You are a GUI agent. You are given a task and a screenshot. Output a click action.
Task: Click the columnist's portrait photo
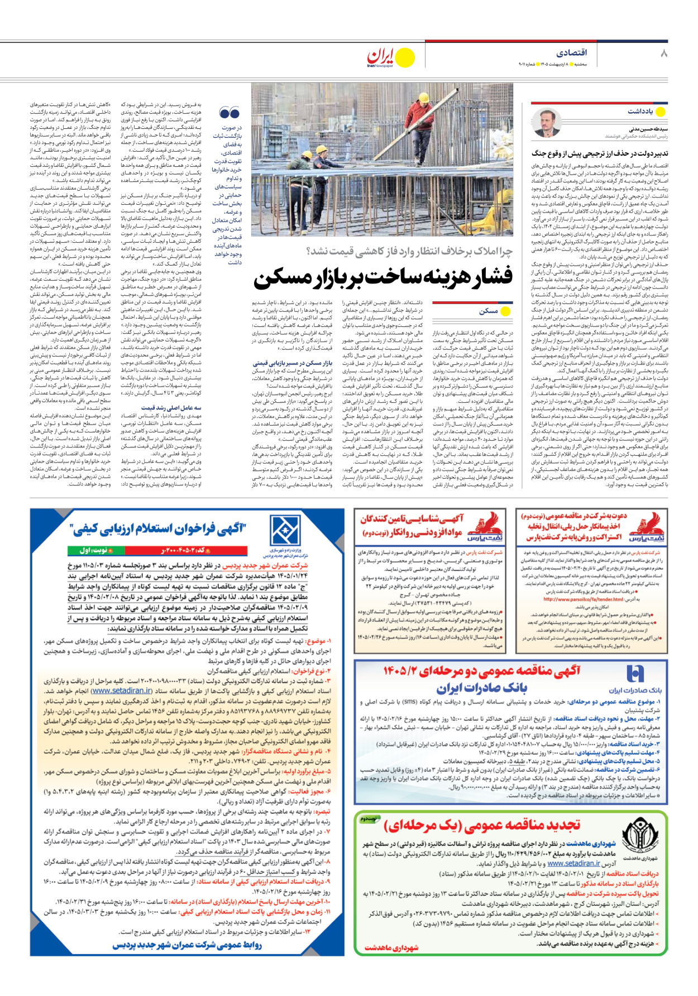(546, 123)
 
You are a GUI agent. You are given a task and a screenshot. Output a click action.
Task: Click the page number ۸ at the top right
(663, 54)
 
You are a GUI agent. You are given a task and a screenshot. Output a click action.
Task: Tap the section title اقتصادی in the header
(571, 52)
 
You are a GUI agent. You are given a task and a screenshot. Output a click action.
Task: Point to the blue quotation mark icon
(229, 113)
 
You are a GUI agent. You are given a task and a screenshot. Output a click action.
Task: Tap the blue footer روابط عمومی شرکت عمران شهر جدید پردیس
(187, 945)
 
